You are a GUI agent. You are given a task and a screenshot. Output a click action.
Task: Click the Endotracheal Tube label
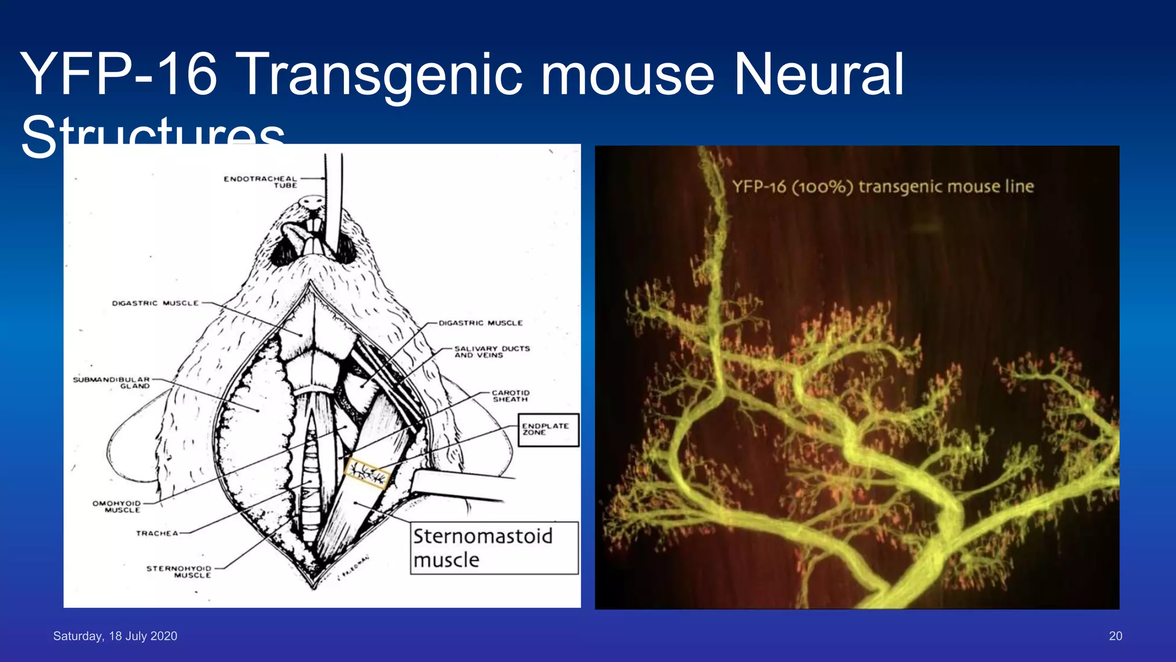point(260,182)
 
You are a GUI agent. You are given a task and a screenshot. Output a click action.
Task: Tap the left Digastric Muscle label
point(155,303)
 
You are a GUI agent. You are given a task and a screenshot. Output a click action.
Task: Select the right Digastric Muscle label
point(481,323)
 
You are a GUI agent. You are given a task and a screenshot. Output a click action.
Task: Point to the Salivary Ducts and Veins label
point(492,352)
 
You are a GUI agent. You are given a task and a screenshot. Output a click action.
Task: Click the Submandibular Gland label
point(111,383)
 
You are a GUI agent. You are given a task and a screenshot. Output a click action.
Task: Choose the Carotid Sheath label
point(510,396)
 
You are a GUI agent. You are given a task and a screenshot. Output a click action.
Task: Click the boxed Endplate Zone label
point(548,430)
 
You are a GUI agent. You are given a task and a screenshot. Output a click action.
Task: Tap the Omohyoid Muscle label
point(117,506)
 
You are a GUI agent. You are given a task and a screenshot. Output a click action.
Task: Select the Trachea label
point(157,533)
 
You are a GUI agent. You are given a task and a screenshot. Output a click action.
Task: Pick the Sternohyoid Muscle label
point(179,572)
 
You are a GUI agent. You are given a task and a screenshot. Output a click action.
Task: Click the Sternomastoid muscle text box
point(494,548)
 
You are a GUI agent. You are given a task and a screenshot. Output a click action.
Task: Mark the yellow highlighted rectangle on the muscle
point(367,474)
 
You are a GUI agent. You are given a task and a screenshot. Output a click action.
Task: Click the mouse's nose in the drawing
point(312,202)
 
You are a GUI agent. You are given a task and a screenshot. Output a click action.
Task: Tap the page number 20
point(1115,636)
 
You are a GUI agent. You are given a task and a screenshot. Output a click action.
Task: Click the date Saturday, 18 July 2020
point(115,636)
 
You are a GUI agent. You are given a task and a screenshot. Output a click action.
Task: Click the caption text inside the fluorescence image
point(883,187)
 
